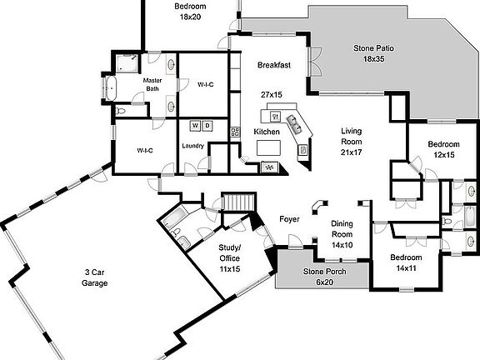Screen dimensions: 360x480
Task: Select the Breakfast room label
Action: [x=273, y=65]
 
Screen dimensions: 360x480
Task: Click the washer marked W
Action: [x=196, y=126]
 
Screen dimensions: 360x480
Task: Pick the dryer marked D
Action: [x=207, y=126]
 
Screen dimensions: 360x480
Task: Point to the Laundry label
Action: [x=193, y=147]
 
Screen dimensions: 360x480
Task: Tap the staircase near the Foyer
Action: [x=237, y=202]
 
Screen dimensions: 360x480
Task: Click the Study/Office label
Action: [x=230, y=258]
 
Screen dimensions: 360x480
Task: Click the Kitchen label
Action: [x=267, y=132]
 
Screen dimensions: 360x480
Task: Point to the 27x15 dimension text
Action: [x=272, y=96]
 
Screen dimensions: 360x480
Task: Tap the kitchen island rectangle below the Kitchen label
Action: [x=268, y=147]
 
